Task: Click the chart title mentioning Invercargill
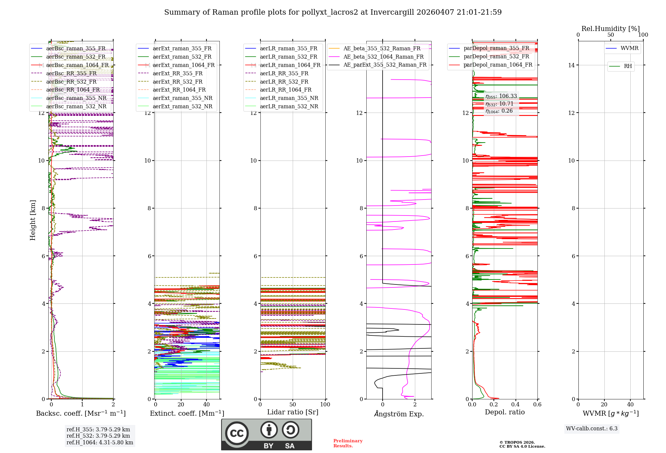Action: (x=333, y=12)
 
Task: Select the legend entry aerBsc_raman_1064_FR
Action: (x=77, y=65)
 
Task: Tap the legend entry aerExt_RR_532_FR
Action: (x=177, y=82)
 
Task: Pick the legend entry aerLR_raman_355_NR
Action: (x=289, y=98)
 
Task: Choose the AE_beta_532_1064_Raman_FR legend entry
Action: (x=383, y=57)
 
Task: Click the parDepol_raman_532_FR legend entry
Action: (x=496, y=57)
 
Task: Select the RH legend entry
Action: (x=628, y=66)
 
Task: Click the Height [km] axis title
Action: (x=33, y=220)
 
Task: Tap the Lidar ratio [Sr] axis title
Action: (x=292, y=412)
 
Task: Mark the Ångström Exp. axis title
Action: (x=399, y=414)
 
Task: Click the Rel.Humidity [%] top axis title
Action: (x=610, y=29)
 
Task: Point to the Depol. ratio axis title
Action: (x=504, y=412)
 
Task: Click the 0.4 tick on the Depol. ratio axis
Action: (x=515, y=404)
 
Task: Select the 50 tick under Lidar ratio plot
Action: (x=292, y=404)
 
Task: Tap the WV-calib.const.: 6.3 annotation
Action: (x=591, y=428)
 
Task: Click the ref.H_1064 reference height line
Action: (x=100, y=442)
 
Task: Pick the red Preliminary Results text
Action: (x=348, y=443)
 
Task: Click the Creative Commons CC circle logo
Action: (x=237, y=433)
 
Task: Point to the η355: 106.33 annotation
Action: (x=501, y=96)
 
